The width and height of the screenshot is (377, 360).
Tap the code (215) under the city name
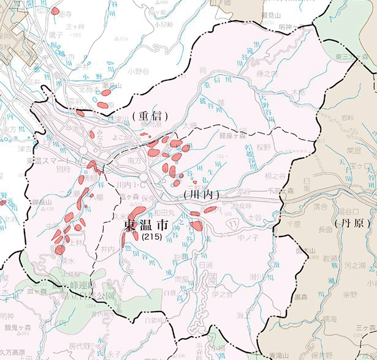coord(150,236)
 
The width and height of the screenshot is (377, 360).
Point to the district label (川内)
coord(201,193)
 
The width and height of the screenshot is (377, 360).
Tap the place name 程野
coord(264,147)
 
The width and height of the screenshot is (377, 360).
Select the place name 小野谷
coord(139,71)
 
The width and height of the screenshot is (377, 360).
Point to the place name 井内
coord(108,250)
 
